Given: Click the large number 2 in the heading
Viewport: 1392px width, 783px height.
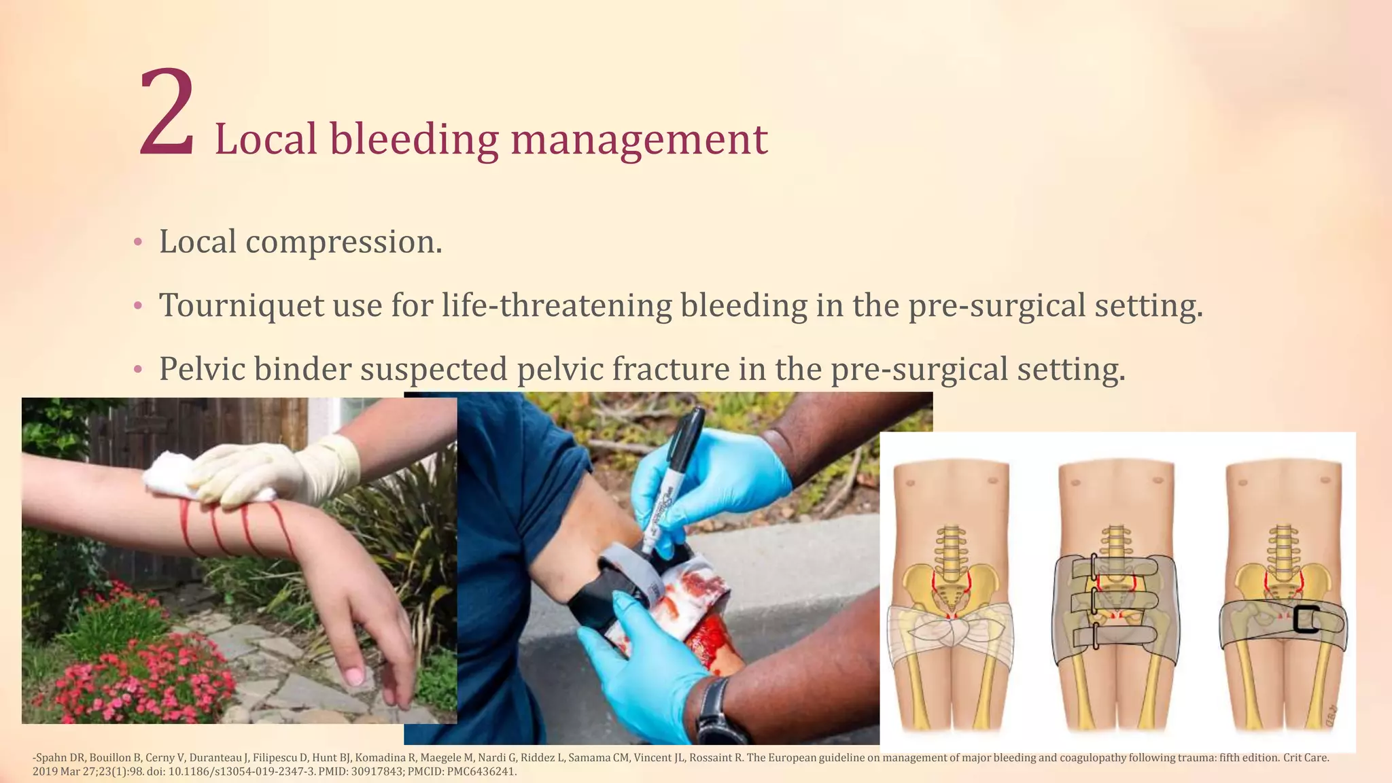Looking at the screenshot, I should pos(167,112).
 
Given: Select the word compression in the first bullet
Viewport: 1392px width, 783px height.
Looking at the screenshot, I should pos(343,242).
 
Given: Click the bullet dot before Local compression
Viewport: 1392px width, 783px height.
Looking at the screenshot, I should pos(138,242).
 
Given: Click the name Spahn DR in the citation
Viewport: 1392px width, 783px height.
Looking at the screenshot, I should pos(60,757).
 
